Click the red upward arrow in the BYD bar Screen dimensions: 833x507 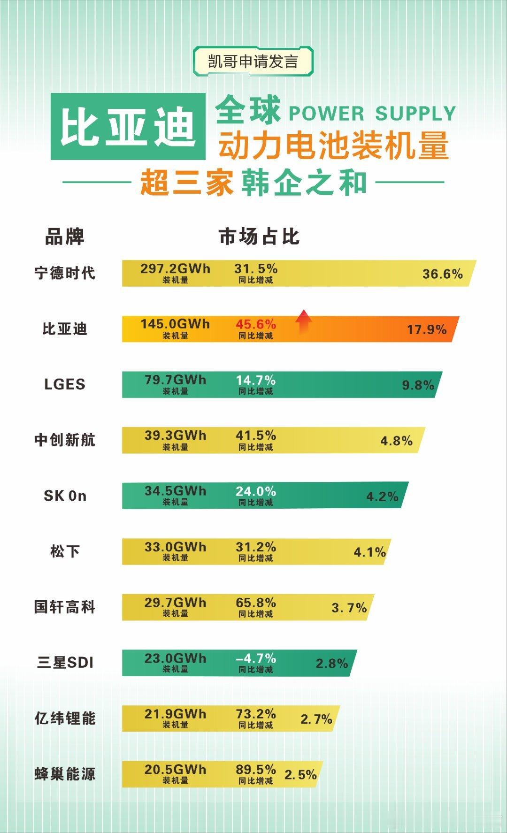(304, 322)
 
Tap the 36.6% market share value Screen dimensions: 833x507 (442, 274)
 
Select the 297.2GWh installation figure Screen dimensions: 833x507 (175, 269)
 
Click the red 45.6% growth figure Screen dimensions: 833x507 (256, 324)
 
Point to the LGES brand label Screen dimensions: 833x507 (65, 384)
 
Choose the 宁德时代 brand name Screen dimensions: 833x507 (65, 273)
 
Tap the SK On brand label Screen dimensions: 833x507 (65, 496)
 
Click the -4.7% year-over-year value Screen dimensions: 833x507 (256, 658)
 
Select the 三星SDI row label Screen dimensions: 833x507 (65, 663)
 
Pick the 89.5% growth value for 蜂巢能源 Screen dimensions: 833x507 (256, 770)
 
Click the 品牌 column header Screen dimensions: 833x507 (64, 237)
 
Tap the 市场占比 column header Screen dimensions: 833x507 (259, 237)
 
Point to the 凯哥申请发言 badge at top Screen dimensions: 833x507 (253, 61)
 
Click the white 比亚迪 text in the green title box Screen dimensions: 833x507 (128, 127)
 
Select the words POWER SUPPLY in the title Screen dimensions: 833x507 (372, 114)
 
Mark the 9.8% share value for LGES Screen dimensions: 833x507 (418, 385)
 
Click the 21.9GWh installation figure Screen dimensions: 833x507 (175, 714)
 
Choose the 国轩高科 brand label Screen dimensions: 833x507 (65, 607)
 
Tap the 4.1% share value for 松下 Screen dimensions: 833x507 (369, 552)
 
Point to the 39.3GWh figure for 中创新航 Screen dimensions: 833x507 (175, 436)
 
